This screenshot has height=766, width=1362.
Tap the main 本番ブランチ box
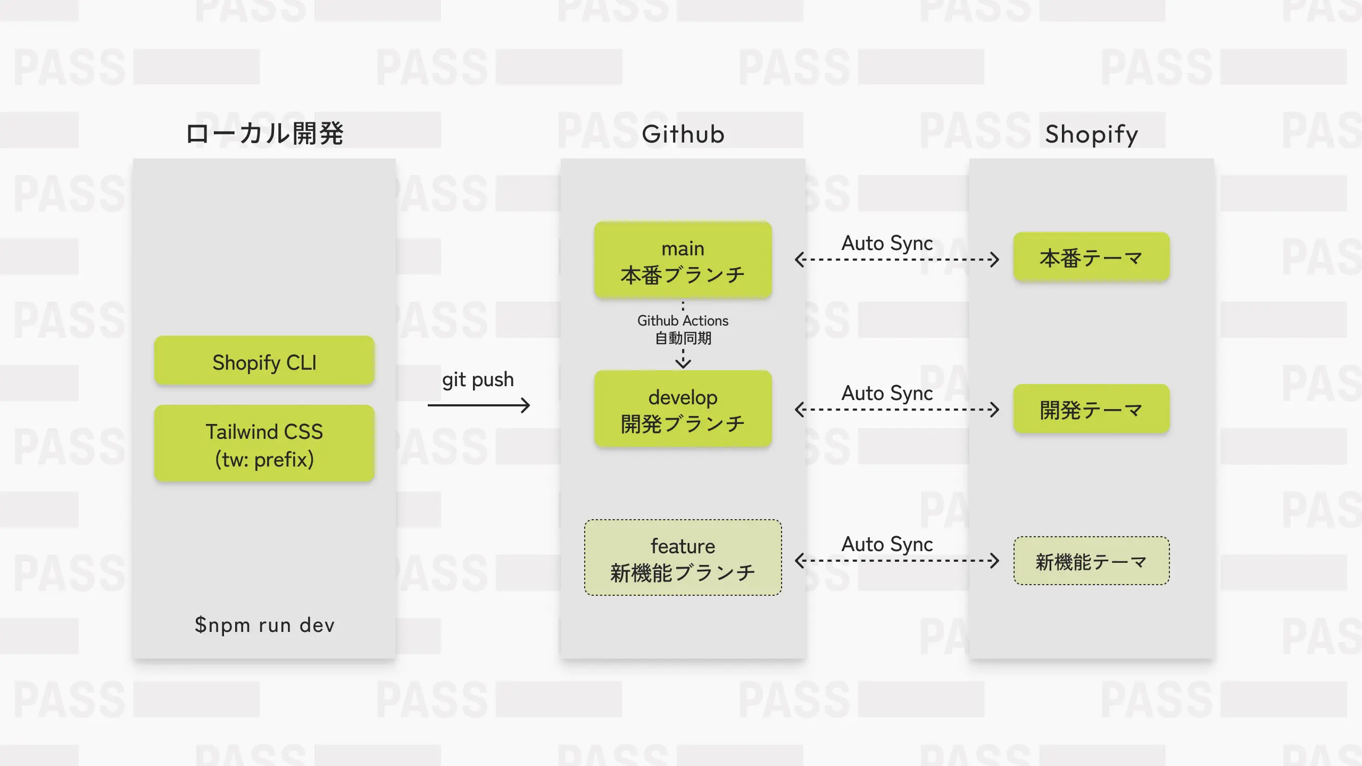(x=683, y=261)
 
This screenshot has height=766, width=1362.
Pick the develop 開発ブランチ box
(x=683, y=410)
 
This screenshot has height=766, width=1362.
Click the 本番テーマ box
(x=1091, y=258)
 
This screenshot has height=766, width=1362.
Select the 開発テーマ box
(x=1091, y=410)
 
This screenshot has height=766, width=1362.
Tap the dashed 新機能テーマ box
(x=1091, y=561)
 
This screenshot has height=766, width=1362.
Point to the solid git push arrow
(x=479, y=405)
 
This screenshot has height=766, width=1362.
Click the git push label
(x=478, y=380)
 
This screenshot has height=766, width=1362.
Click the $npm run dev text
(x=264, y=625)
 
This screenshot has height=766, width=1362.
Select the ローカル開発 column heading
(x=264, y=134)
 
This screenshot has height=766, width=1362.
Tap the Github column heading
(x=683, y=134)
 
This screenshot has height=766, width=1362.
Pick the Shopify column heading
(x=1091, y=134)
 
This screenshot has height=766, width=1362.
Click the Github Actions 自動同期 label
(x=683, y=329)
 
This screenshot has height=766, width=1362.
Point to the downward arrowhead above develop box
(x=683, y=363)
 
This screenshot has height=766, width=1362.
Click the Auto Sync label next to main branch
(x=887, y=243)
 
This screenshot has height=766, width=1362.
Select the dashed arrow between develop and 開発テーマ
(x=897, y=410)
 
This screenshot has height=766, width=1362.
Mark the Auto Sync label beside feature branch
(x=887, y=544)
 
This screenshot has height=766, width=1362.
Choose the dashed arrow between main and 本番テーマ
(x=897, y=260)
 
